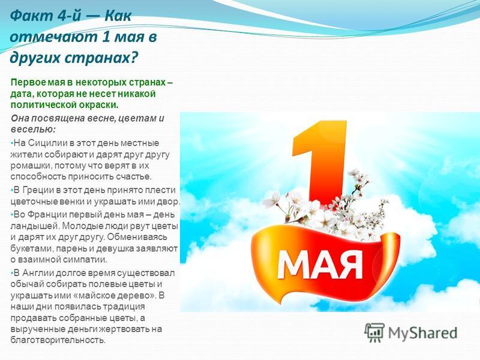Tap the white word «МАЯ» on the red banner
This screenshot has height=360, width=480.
click(320, 264)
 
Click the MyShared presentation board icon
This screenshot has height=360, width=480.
click(374, 333)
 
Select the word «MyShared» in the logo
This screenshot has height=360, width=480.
click(422, 333)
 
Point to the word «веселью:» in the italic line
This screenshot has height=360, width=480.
click(34, 130)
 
